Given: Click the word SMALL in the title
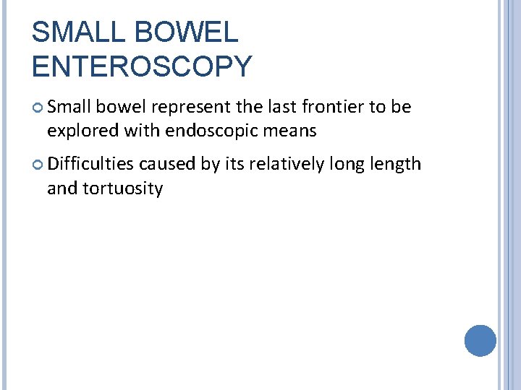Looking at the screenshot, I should click(x=75, y=32).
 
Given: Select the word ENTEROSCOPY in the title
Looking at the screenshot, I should click(x=142, y=66).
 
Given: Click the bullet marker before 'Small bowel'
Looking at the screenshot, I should click(x=38, y=108).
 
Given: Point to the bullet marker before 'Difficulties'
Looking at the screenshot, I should click(x=38, y=165).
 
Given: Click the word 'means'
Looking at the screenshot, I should click(x=292, y=131).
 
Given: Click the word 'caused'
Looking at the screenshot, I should click(x=169, y=164).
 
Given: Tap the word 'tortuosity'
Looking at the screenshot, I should click(x=123, y=188).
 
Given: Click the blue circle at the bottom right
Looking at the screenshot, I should click(x=480, y=340).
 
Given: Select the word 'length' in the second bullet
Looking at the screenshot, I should click(x=396, y=164).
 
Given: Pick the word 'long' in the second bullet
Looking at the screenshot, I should click(x=347, y=165).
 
